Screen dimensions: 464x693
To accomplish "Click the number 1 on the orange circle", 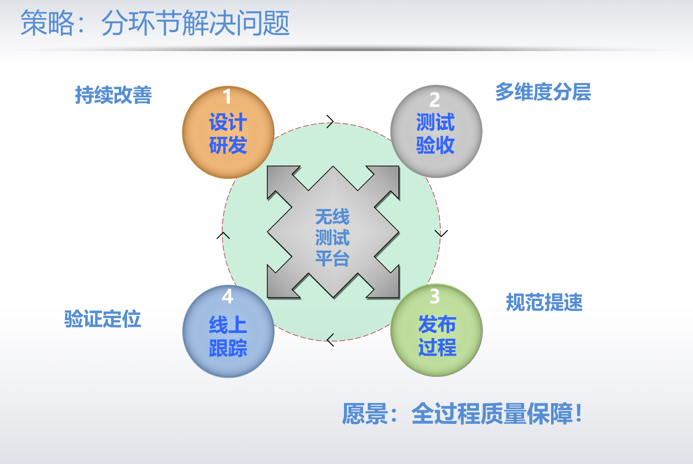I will (227, 96).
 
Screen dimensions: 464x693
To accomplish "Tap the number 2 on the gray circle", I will (435, 100).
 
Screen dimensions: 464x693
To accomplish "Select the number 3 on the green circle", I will (435, 296).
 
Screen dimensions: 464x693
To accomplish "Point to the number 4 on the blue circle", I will (227, 296).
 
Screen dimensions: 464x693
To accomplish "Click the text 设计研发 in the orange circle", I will (228, 134).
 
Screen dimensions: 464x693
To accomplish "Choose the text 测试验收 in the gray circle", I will (435, 134).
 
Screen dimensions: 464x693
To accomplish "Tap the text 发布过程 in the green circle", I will (437, 335).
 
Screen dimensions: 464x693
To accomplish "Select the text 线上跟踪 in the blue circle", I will (228, 336).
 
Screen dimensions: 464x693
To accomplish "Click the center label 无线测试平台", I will (332, 238).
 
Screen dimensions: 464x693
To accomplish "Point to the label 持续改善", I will (113, 95).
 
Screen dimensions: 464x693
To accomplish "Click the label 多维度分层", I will (543, 92).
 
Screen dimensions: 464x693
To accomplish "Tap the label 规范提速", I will (544, 302).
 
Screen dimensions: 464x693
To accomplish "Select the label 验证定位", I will (103, 319).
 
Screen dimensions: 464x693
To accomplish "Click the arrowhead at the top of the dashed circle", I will (330, 122).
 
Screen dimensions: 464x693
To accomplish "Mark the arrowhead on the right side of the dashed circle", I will (441, 233).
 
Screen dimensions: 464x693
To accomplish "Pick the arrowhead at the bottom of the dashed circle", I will (330, 340).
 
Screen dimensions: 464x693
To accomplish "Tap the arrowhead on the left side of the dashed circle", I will (223, 235).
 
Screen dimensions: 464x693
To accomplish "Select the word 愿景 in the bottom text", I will (365, 414).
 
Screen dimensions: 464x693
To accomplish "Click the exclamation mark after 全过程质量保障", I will (579, 413).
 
